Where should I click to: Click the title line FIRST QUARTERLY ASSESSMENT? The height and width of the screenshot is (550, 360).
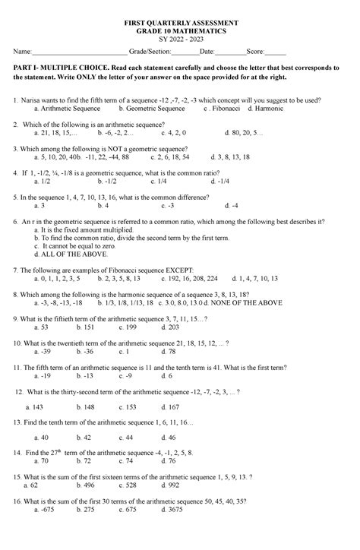tap(181, 24)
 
